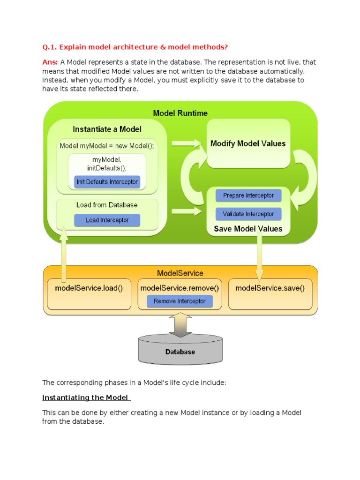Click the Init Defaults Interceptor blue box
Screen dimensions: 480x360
107,182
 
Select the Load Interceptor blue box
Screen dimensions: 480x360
107,220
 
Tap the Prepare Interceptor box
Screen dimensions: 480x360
248,195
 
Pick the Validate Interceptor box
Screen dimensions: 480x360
248,214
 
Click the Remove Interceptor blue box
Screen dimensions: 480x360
180,301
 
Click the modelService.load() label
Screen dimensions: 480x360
89,288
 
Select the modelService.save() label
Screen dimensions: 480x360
270,288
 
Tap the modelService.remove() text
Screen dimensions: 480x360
180,288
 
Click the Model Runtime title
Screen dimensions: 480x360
180,113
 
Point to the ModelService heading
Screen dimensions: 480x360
180,273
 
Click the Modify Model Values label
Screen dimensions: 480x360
248,143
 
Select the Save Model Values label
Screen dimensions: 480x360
248,229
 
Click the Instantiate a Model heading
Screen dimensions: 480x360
107,129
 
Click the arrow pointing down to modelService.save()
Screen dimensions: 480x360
258,255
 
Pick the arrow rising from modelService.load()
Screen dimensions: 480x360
64,253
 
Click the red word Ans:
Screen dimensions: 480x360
50,62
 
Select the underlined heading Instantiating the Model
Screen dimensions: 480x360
86,398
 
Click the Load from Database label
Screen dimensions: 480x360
107,205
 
